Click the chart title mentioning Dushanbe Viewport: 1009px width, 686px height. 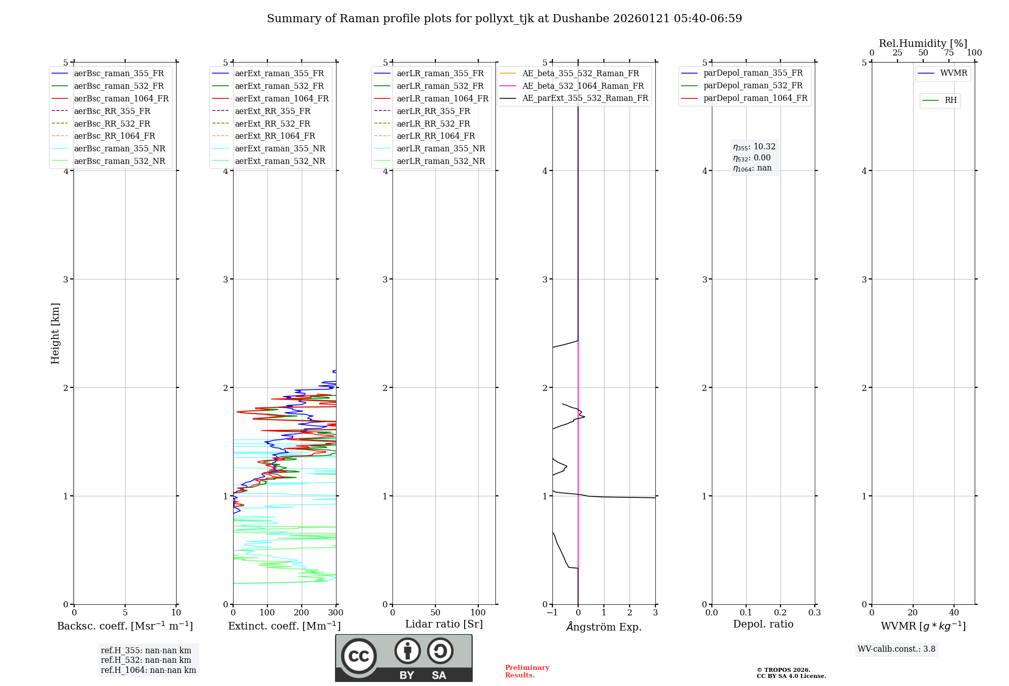point(504,19)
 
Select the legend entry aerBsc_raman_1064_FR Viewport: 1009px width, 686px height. point(121,98)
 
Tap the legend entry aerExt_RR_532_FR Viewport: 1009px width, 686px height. point(272,124)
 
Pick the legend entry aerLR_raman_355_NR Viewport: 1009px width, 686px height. point(440,148)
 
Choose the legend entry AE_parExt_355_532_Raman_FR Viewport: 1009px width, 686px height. point(585,98)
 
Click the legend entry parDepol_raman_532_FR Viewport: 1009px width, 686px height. point(753,86)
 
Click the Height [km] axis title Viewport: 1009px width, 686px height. point(55,333)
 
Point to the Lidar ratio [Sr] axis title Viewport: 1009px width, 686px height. point(443,624)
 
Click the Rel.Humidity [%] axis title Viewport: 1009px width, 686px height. point(923,43)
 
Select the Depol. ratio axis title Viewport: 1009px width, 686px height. point(763,624)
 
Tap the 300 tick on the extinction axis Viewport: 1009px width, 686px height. point(336,613)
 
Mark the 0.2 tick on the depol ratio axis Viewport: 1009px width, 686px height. point(780,613)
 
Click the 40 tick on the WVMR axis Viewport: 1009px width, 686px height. point(954,613)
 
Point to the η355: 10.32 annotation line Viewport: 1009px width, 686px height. point(754,147)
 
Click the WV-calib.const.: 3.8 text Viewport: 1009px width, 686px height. point(896,649)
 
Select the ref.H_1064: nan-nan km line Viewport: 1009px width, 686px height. point(148,670)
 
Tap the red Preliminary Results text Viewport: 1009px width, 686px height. point(527,671)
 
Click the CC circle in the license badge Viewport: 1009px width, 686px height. point(359,656)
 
